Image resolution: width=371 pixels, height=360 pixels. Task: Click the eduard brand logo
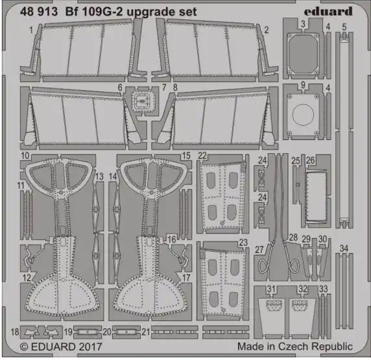point(328,12)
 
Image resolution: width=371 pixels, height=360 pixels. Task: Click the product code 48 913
point(39,12)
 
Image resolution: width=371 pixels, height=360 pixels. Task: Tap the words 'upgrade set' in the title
point(162,12)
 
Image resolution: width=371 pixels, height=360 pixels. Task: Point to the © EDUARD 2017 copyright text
point(61,347)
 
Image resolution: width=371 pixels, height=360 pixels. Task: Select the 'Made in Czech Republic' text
point(295,346)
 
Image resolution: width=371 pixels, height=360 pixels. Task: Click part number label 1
point(31,30)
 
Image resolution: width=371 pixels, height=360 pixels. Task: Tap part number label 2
point(267,30)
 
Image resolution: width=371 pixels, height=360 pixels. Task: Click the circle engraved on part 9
point(303,115)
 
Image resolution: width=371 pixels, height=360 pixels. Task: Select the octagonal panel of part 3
point(303,54)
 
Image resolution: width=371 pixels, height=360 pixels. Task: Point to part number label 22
point(202,156)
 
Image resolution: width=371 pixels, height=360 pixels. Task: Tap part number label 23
point(243,243)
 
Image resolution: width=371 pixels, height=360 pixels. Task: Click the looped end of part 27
point(262,266)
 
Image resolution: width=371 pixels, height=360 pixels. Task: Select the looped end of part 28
point(294,265)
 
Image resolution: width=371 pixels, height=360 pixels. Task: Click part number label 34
point(344,248)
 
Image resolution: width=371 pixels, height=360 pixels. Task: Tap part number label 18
point(15,331)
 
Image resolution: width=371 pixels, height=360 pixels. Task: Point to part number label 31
point(271,289)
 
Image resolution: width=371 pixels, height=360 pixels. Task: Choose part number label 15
point(186,156)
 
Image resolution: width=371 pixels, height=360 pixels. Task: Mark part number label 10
point(25,156)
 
